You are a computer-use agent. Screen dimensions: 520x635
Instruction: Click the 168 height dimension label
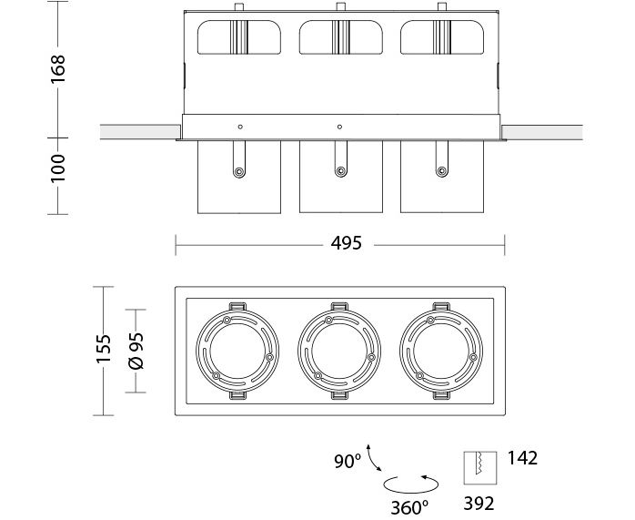(x=58, y=68)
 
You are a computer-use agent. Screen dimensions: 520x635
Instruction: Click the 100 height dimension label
(x=58, y=169)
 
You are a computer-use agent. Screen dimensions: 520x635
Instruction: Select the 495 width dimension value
(x=347, y=243)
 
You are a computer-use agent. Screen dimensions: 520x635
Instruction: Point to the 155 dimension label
(x=104, y=349)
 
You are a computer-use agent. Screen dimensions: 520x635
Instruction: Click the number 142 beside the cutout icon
(x=523, y=458)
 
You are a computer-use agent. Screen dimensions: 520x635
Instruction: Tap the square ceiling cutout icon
(x=479, y=467)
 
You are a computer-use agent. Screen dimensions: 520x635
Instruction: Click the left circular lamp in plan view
(x=237, y=350)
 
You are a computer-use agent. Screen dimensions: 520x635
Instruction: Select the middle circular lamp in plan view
(x=339, y=350)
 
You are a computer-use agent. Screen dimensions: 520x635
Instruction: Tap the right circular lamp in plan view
(x=440, y=350)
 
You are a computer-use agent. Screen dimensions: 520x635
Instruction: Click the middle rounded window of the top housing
(x=339, y=37)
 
